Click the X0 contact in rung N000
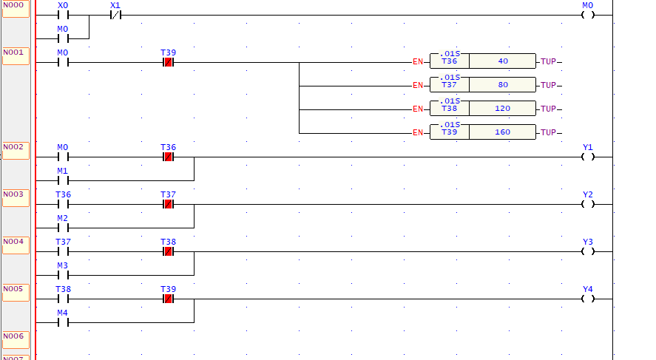pyautogui.click(x=63, y=14)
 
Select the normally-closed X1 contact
pyautogui.click(x=115, y=14)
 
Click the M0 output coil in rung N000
pyautogui.click(x=588, y=14)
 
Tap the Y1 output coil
pyautogui.click(x=588, y=157)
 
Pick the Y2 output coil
pyautogui.click(x=588, y=204)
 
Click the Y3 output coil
pyautogui.click(x=588, y=251)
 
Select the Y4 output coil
pyautogui.click(x=588, y=299)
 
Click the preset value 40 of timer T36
pyautogui.click(x=503, y=61)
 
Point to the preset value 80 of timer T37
pyautogui.click(x=503, y=85)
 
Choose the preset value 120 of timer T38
pyautogui.click(x=503, y=109)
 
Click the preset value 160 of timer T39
pyautogui.click(x=503, y=132)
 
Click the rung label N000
pyautogui.click(x=15, y=7)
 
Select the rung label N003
pyautogui.click(x=15, y=196)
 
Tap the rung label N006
pyautogui.click(x=15, y=338)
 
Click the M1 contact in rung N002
pyautogui.click(x=63, y=180)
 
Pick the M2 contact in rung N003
pyautogui.click(x=63, y=227)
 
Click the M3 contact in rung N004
pyautogui.click(x=63, y=274)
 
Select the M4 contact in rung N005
pyautogui.click(x=63, y=322)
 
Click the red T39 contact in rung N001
pyautogui.click(x=168, y=62)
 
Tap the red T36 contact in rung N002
pyautogui.click(x=168, y=157)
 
